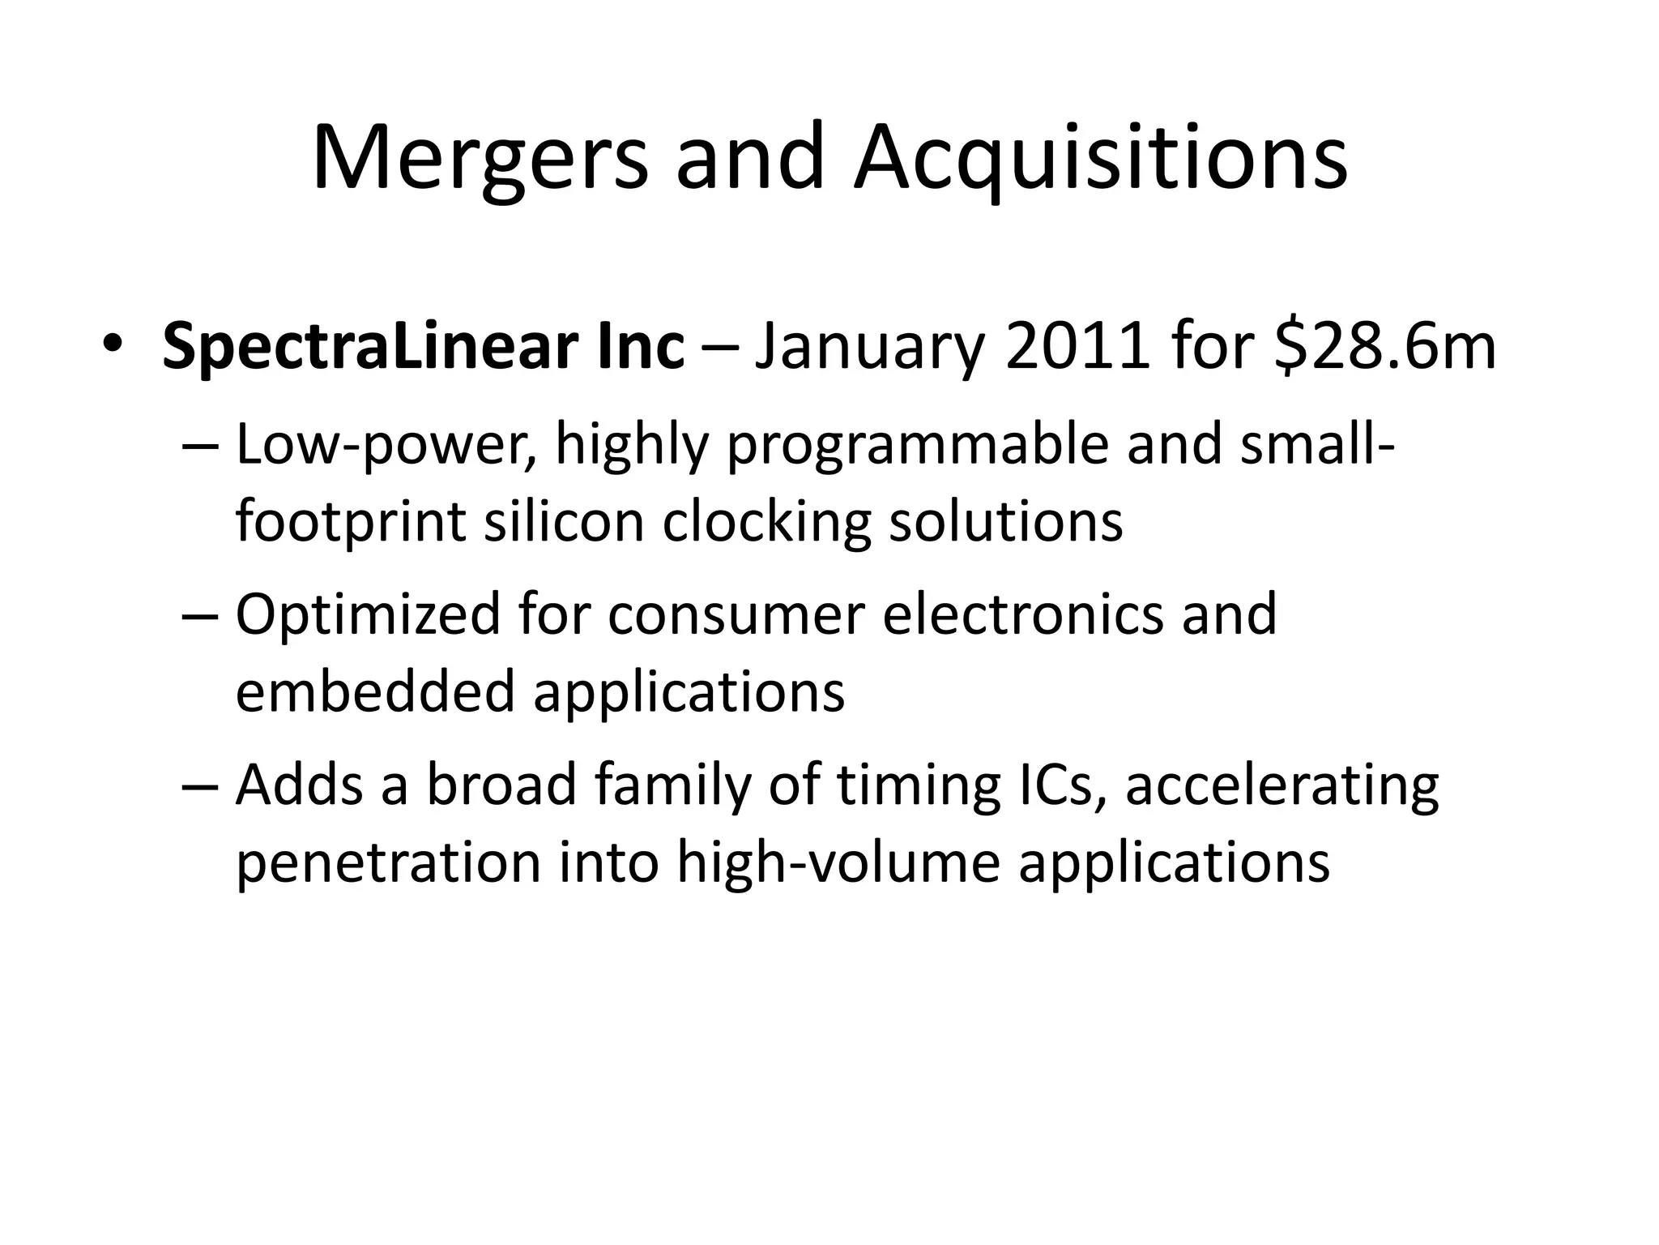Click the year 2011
pos(1077,348)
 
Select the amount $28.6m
pos(1384,348)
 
